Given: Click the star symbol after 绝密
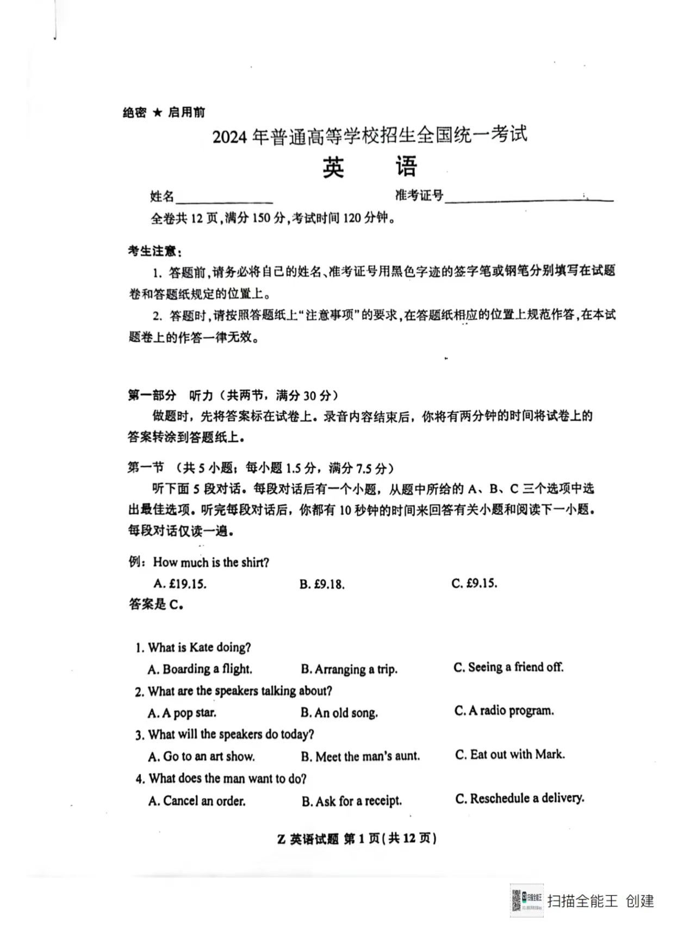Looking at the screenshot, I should coord(157,112).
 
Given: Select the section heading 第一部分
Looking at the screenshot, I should coord(152,395).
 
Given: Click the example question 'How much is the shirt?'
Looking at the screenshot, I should coord(211,562).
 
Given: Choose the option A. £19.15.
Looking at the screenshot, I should coord(180,584).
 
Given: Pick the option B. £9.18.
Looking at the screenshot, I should coord(322,584).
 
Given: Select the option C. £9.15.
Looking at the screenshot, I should coord(474,583).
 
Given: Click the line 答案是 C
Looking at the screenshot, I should coord(156,604).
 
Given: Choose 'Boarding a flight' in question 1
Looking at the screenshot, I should coord(200,669).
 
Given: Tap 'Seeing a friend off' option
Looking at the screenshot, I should coord(508,667).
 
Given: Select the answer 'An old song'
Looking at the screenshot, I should coord(339,712).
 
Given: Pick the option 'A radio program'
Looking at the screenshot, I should coord(504,710).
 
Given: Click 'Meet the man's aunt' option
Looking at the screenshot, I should coord(361,756).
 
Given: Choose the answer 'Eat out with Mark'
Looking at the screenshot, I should coord(510,754).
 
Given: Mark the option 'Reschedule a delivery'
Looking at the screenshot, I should coord(520,798).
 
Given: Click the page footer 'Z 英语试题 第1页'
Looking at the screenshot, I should coord(357,838).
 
